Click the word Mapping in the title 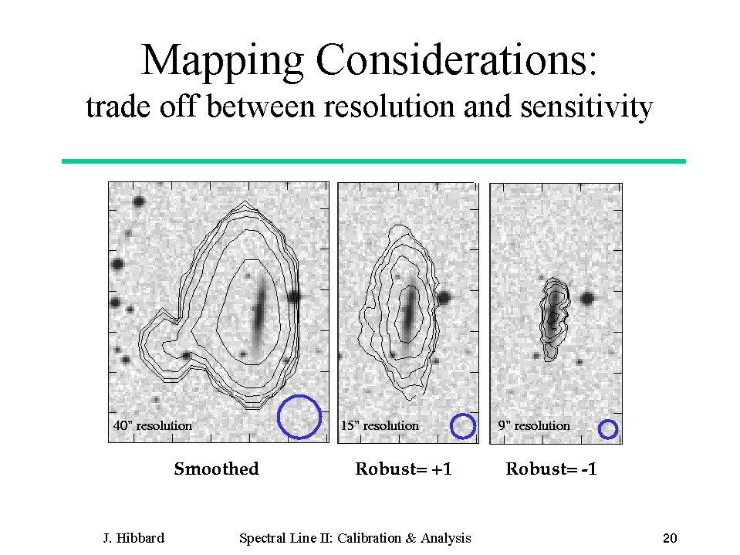click(x=222, y=61)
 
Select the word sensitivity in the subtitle click(x=586, y=107)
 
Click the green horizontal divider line click(x=373, y=161)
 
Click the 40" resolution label click(x=153, y=425)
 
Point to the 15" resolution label click(x=380, y=425)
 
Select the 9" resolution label click(x=534, y=425)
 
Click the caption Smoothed click(x=217, y=469)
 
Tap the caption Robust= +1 click(x=404, y=469)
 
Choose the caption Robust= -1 click(x=551, y=469)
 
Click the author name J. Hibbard click(x=134, y=538)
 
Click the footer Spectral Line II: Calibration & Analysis click(x=355, y=538)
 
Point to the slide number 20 click(x=670, y=538)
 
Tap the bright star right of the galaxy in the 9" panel click(x=586, y=298)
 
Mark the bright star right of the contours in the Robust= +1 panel click(x=444, y=298)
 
